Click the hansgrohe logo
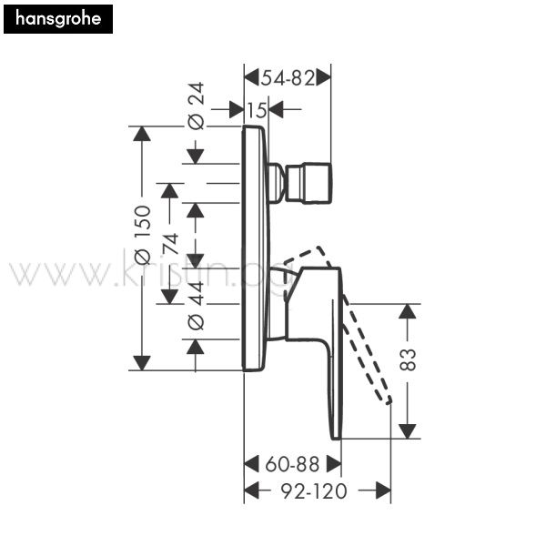(58, 19)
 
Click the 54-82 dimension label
(288, 77)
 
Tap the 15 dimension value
(257, 110)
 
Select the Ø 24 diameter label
(196, 106)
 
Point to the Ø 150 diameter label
(143, 235)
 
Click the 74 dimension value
(171, 244)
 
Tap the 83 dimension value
(408, 359)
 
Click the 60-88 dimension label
(292, 464)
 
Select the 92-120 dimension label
(314, 491)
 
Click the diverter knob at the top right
(308, 183)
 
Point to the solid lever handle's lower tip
(336, 439)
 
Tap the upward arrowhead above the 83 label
(408, 311)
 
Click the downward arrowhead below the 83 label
(408, 431)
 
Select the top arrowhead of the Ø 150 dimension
(142, 134)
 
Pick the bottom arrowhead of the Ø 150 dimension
(142, 363)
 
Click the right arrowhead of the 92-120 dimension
(383, 490)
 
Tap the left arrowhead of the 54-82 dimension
(251, 77)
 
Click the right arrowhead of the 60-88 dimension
(334, 464)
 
